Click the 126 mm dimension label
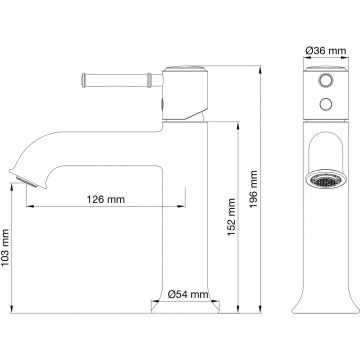pyautogui.click(x=106, y=199)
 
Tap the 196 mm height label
pyautogui.click(x=254, y=189)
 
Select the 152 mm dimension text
pyautogui.click(x=231, y=217)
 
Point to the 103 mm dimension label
pyautogui.click(x=5, y=247)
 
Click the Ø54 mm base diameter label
pyautogui.click(x=188, y=294)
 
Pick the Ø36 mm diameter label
pyautogui.click(x=326, y=51)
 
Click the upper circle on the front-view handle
pyautogui.click(x=326, y=81)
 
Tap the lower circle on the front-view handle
pyautogui.click(x=326, y=104)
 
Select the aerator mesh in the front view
pyautogui.click(x=326, y=180)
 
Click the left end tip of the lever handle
pyautogui.click(x=83, y=80)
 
